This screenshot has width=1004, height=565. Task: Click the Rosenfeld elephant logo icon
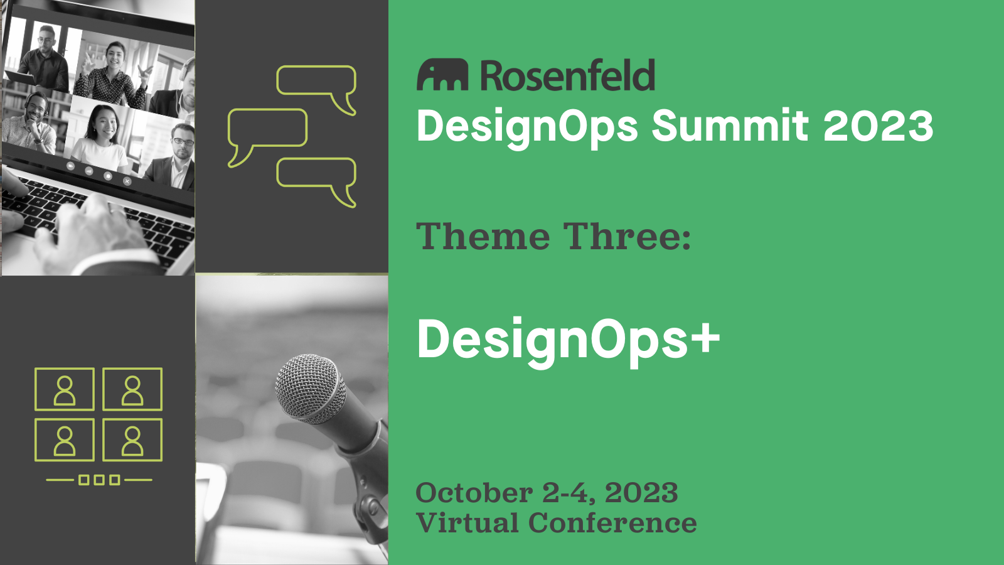[442, 75]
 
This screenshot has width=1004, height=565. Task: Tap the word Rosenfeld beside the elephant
[567, 75]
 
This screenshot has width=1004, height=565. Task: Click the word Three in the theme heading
[627, 236]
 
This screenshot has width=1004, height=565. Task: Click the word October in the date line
[474, 493]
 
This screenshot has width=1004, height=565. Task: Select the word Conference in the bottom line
[612, 523]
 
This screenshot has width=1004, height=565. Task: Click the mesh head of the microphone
[310, 389]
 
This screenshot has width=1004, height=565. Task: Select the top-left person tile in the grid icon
[65, 389]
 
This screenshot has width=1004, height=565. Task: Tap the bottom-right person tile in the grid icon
[132, 440]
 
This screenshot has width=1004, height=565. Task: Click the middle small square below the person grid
[99, 480]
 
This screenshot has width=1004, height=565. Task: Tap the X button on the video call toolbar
[127, 181]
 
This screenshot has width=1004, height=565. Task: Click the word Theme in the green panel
[483, 236]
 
